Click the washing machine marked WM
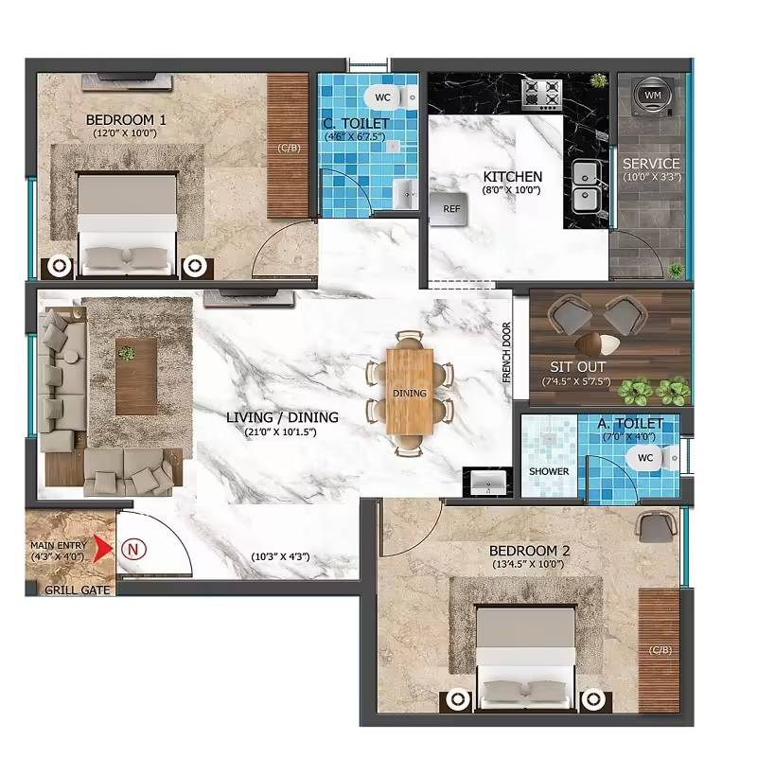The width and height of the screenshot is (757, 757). pos(653,96)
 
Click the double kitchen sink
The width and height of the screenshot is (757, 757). pos(585,186)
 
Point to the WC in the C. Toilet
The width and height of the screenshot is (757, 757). pos(388,97)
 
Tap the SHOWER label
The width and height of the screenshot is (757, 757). pos(549,471)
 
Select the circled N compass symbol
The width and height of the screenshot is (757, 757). pos(133,548)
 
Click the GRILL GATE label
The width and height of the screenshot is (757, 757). pos(78,590)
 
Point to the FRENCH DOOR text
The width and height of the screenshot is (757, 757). pos(506,353)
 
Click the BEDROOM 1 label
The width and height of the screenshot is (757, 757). pos(126,120)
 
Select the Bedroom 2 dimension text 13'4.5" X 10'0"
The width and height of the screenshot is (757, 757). pos(526,565)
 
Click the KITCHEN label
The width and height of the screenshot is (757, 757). pos(512,177)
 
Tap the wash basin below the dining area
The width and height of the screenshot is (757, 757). pos(489,483)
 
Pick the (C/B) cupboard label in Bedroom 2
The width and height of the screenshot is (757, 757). pos(660,649)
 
